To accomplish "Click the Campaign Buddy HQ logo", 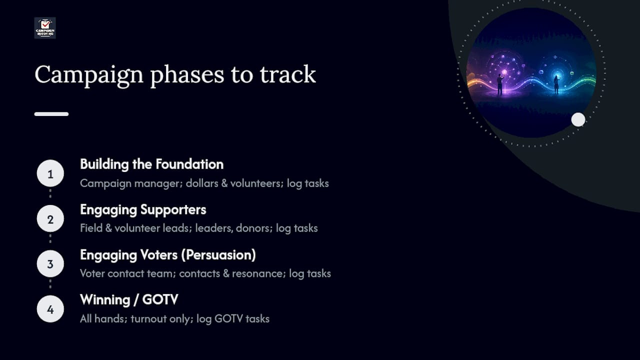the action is tap(45, 28).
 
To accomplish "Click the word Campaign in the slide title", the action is tap(89, 75).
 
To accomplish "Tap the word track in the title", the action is tap(287, 74).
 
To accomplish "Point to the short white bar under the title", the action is tap(51, 114).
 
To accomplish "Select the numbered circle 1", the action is tap(50, 173).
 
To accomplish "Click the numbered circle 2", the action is tap(50, 218).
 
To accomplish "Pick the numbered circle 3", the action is tap(50, 263).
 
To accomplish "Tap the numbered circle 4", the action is tap(50, 309).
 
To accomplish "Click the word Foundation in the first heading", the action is tap(189, 164).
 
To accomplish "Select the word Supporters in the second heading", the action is tap(173, 210).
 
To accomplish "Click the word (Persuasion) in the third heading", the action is tap(218, 255).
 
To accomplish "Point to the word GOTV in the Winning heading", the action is tap(160, 299).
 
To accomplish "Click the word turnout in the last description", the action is tap(148, 319).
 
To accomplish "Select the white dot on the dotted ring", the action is tap(578, 119).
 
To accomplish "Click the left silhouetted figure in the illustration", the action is tap(500, 84).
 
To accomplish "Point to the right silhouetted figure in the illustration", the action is tap(556, 85).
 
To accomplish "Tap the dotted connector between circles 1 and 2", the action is tap(50, 193).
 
